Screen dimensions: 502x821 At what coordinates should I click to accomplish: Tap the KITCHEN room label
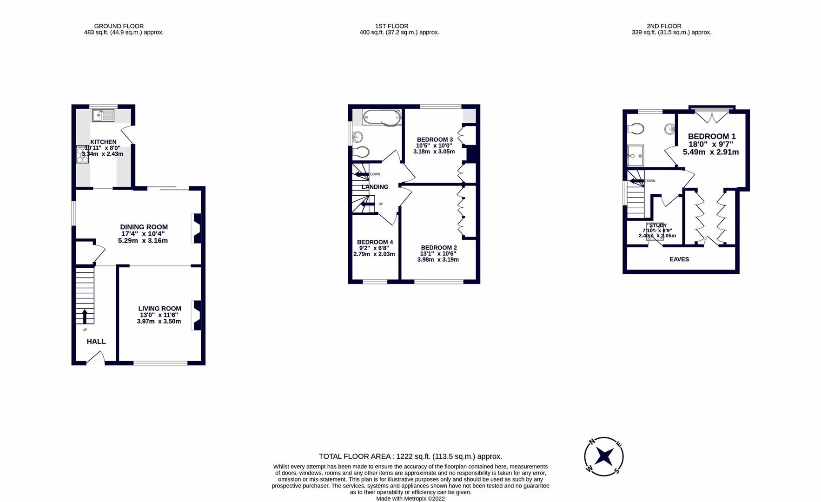click(103, 142)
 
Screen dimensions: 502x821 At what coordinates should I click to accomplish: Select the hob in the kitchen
click(82, 155)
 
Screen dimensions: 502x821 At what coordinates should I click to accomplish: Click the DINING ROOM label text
click(144, 227)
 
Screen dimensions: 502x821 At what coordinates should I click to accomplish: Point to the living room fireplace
click(197, 316)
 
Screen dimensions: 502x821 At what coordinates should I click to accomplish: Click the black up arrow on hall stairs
click(85, 317)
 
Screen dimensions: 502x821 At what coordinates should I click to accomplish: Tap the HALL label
click(96, 341)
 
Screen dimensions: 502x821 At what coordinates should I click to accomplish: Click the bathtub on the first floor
click(382, 117)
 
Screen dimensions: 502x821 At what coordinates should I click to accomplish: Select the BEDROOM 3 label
click(435, 139)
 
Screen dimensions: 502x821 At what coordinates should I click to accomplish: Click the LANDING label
click(375, 187)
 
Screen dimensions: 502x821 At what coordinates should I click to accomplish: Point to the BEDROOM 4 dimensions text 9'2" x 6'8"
click(374, 248)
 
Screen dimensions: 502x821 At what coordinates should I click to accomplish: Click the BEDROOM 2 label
click(439, 248)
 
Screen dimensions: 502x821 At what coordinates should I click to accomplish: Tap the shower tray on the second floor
click(636, 155)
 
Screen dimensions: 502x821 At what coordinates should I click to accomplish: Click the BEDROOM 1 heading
click(711, 136)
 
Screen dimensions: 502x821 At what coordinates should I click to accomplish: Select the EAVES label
click(679, 259)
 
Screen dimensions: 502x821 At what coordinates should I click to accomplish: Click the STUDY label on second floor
click(658, 225)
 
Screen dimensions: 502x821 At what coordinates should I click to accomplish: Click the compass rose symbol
click(604, 456)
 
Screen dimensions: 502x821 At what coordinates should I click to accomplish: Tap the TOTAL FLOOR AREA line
click(410, 456)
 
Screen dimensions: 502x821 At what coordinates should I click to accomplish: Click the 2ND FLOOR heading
click(664, 26)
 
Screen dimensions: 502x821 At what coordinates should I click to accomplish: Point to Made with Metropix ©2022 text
click(410, 498)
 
